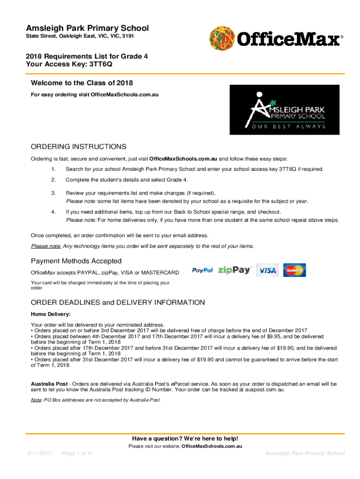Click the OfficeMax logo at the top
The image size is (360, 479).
[x=276, y=37]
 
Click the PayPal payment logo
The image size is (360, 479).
[x=202, y=270]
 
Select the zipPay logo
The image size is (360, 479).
[x=235, y=270]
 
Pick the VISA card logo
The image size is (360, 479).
[x=268, y=270]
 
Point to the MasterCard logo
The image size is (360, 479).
[x=295, y=270]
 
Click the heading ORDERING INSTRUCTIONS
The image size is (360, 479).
[x=79, y=146]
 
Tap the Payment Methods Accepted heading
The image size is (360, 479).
[x=76, y=261]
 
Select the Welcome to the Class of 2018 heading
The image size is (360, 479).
[x=81, y=83]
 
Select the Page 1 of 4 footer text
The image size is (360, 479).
[x=76, y=453]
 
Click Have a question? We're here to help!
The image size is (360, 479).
[x=185, y=438]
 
